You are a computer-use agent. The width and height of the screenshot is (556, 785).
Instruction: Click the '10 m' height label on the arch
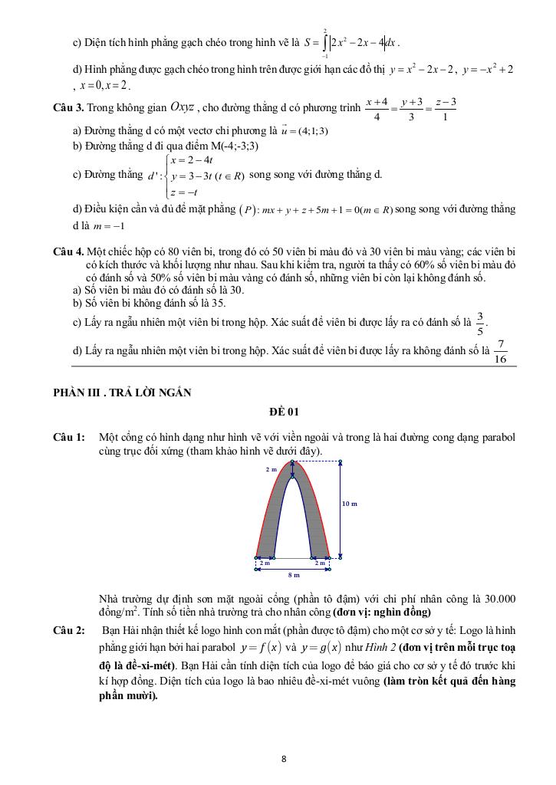[x=349, y=503]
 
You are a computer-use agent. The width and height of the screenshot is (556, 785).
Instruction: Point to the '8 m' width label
[x=294, y=573]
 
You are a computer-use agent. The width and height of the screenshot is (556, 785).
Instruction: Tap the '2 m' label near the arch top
[x=271, y=468]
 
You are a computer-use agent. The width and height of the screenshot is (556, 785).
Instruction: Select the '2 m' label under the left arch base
[x=265, y=563]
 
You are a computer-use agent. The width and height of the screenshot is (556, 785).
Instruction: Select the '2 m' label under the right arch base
[x=321, y=563]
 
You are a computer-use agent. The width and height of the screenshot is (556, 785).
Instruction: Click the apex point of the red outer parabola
[x=293, y=461]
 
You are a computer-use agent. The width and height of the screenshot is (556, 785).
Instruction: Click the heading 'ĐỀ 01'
[x=283, y=412]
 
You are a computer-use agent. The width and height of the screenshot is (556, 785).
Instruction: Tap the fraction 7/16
[x=501, y=351]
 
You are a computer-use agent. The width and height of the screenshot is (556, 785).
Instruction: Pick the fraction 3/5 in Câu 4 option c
[x=480, y=324]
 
